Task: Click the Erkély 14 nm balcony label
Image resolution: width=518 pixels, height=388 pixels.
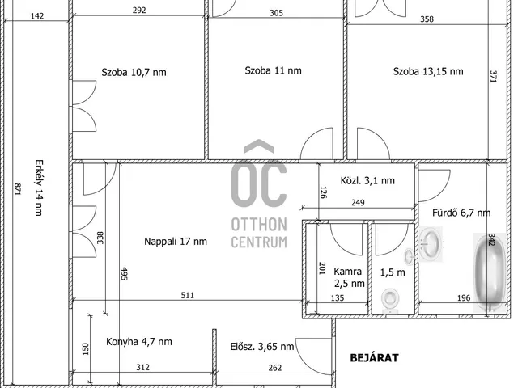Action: click(39, 188)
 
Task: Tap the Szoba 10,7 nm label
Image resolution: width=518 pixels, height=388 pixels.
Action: click(134, 72)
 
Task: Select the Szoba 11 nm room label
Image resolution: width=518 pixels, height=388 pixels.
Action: click(274, 70)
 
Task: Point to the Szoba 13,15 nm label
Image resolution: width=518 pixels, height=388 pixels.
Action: click(428, 71)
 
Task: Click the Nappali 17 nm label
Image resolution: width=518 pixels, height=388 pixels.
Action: click(176, 241)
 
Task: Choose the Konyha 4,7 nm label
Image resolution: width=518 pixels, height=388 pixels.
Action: click(139, 341)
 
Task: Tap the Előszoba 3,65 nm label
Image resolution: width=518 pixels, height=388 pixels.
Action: click(262, 347)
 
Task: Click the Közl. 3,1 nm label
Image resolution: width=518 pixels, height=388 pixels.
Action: click(367, 180)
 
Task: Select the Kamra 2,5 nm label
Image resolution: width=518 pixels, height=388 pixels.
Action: click(349, 277)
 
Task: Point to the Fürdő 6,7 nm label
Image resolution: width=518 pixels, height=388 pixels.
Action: click(461, 213)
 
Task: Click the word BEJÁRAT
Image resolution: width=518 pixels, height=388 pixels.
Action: click(374, 358)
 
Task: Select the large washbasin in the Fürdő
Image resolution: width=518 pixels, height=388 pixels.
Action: click(431, 244)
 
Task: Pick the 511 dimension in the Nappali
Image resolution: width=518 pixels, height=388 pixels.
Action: click(187, 295)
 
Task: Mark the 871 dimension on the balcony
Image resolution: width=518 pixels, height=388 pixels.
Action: click(18, 189)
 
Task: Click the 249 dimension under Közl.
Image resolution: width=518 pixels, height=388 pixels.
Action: click(358, 202)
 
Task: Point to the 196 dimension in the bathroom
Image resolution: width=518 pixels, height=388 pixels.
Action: click(464, 298)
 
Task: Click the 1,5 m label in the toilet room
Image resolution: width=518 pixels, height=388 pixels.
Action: click(393, 272)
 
